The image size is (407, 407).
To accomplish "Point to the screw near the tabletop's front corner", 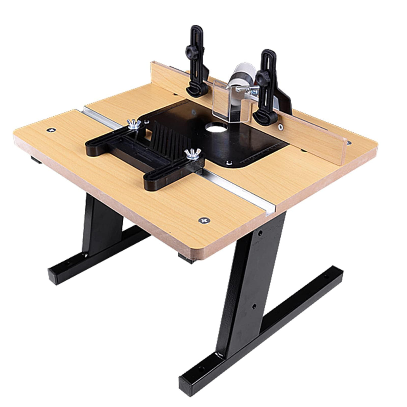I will [204, 220].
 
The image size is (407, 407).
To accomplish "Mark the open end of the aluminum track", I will [270, 211].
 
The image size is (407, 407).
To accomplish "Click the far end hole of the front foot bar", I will [325, 277].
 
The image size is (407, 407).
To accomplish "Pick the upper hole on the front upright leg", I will [260, 233].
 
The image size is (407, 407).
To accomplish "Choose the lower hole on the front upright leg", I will [254, 306].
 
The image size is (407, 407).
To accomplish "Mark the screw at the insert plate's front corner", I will [229, 163].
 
